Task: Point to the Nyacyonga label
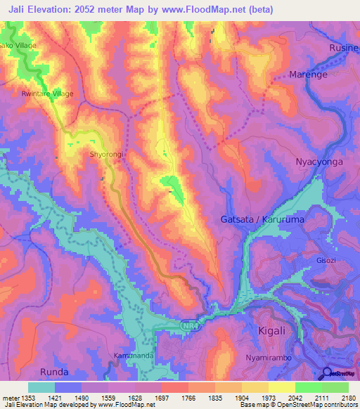pyautogui.click(x=319, y=162)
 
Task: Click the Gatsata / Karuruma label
pyautogui.click(x=260, y=219)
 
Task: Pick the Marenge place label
pyautogui.click(x=309, y=74)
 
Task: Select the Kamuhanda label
pyautogui.click(x=134, y=356)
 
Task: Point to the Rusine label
pyautogui.click(x=344, y=47)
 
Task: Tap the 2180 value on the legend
pyautogui.click(x=348, y=397)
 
